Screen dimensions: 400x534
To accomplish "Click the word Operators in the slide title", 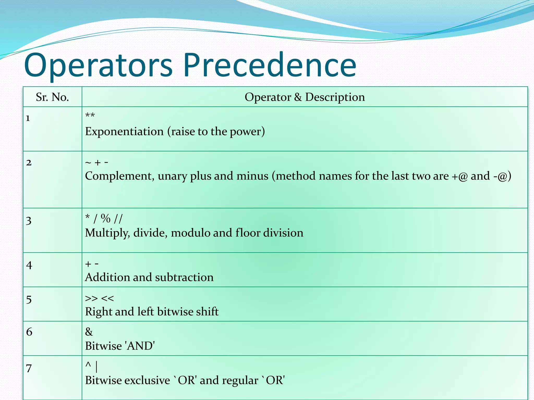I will [x=98, y=65].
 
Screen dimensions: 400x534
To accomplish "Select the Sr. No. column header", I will [x=52, y=97].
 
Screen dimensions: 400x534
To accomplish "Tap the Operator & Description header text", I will [x=305, y=97].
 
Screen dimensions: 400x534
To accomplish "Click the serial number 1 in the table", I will [x=28, y=118].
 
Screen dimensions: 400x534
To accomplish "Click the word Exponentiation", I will [x=124, y=132].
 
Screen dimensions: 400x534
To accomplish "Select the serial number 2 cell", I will [x=29, y=163].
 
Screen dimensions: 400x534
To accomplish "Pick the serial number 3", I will [x=29, y=221].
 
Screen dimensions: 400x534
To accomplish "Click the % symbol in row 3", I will [x=106, y=218].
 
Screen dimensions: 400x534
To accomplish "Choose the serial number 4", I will [x=29, y=265].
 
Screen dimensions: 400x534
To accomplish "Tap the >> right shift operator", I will [x=91, y=298].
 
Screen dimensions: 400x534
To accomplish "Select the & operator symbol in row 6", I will [x=89, y=332].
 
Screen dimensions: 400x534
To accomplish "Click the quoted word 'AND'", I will [x=140, y=346].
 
